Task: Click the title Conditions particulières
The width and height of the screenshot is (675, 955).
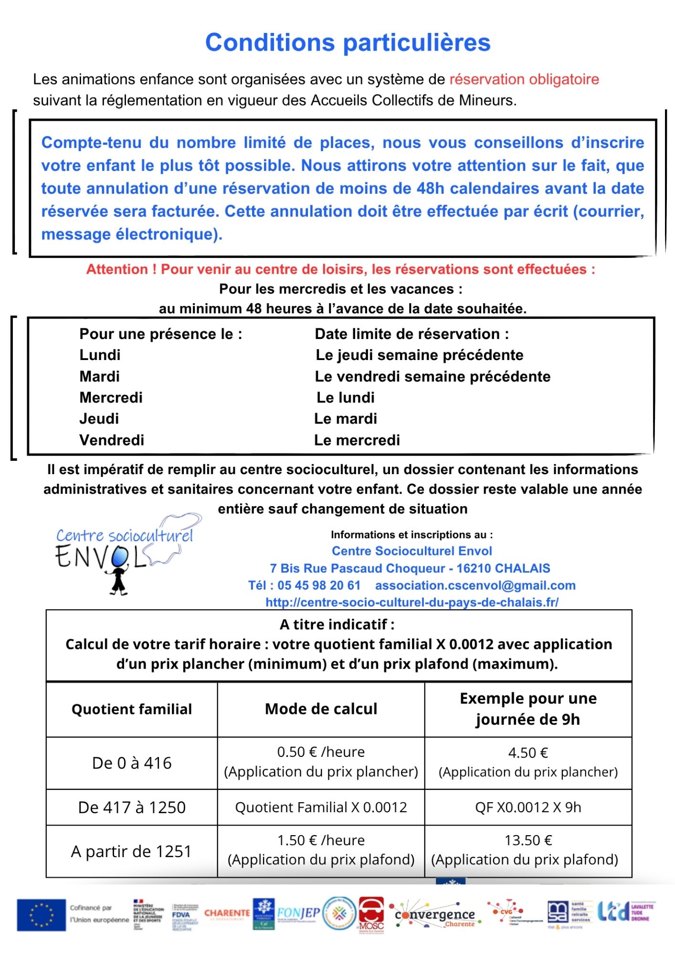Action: pos(348,42)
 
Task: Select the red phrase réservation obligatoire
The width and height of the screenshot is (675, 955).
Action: pos(524,79)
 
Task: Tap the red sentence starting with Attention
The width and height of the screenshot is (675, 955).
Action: pos(340,269)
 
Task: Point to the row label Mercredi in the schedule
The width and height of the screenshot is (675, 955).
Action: pos(111,397)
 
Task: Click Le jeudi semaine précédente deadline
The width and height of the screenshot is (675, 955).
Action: pos(419,355)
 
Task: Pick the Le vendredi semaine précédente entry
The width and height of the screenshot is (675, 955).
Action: pos(432,376)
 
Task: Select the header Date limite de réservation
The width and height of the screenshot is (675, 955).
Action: pos(411,334)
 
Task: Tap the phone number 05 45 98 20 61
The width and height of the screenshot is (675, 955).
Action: pos(318,585)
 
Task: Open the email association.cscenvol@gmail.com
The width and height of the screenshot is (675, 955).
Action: pos(475,585)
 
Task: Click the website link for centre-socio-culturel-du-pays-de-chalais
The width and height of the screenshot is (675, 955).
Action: pos(411,602)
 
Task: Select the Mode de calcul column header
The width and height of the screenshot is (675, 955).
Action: pos(321,709)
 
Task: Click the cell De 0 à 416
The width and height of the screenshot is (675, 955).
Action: pos(132,763)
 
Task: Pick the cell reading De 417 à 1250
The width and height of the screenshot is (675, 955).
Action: pos(132,807)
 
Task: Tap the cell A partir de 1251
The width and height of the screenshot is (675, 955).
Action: pos(131,851)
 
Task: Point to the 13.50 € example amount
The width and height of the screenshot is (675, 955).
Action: pos(528,840)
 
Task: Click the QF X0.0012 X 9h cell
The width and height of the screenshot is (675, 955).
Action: pos(528,807)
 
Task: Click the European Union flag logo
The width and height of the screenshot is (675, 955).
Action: pos(41,915)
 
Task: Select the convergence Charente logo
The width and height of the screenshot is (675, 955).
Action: pos(435,915)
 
